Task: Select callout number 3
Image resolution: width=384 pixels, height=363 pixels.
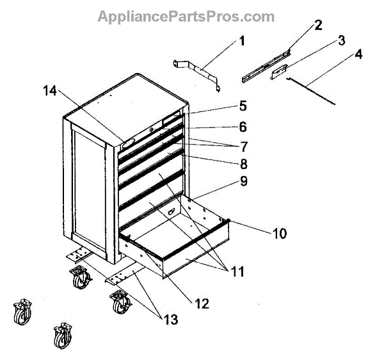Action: coord(342,40)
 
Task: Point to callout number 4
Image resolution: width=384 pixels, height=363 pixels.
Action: coord(358,54)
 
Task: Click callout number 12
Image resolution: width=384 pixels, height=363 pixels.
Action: coord(202,303)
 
